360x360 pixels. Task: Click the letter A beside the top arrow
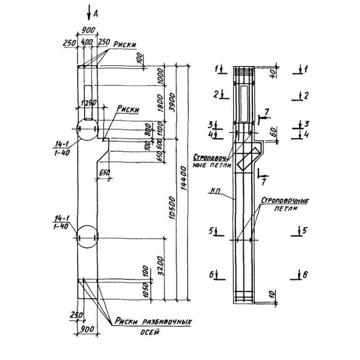[95, 14]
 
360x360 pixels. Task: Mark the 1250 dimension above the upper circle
[88, 103]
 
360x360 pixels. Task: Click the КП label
[214, 191]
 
